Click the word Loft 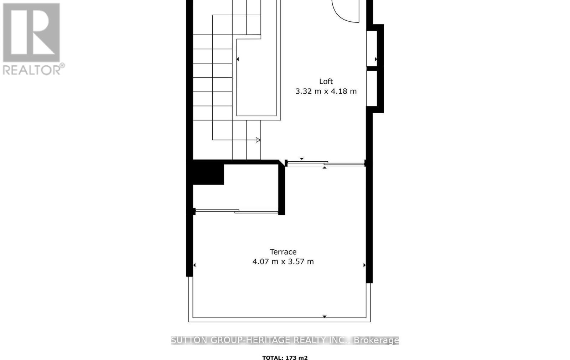tap(326, 82)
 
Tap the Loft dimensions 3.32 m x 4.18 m tap(326, 92)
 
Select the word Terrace tap(283, 252)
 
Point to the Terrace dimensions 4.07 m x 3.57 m tap(283, 262)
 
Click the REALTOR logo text tap(33, 70)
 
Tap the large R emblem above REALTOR tap(31, 32)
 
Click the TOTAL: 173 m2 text tap(285, 358)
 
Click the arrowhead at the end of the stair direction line tap(258, 140)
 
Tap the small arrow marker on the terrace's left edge tap(195, 265)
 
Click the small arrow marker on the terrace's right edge tap(364, 265)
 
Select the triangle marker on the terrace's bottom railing tap(325, 316)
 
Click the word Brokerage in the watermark tap(376, 340)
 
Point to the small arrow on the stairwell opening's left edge tap(238, 59)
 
